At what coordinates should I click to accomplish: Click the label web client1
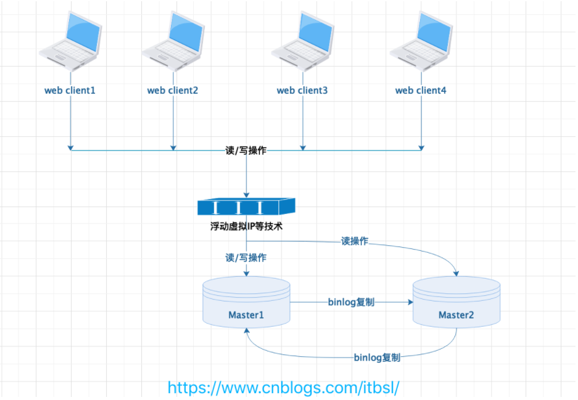pyautogui.click(x=70, y=91)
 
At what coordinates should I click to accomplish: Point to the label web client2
pyautogui.click(x=173, y=91)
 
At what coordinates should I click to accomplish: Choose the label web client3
pyautogui.click(x=302, y=91)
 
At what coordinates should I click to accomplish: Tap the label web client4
pyautogui.click(x=421, y=91)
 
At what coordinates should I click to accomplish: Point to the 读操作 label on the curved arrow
pyautogui.click(x=355, y=241)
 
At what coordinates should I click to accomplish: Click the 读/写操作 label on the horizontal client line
pyautogui.click(x=246, y=150)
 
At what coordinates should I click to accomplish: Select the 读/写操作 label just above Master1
pyautogui.click(x=246, y=258)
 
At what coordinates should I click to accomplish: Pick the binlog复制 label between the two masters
pyautogui.click(x=351, y=303)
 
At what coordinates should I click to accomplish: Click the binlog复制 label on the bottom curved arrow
pyautogui.click(x=377, y=357)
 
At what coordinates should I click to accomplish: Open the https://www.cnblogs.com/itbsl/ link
pyautogui.click(x=284, y=387)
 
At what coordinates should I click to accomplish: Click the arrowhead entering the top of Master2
pyautogui.click(x=456, y=272)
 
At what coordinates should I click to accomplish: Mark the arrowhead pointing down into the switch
pyautogui.click(x=246, y=194)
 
